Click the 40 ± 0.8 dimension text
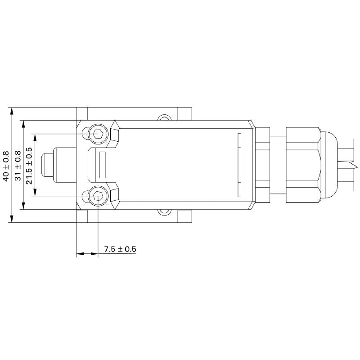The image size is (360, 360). pos(6,165)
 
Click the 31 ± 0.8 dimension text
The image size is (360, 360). pos(18,165)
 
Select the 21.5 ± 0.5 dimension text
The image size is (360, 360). pos(29,165)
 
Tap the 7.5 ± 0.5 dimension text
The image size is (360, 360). pos(120,249)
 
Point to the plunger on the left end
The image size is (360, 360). pos(48,165)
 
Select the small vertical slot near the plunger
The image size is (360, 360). pos(102,165)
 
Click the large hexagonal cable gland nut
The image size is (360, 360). pos(302,165)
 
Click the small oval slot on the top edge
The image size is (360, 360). pos(164,119)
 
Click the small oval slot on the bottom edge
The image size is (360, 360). pos(164,211)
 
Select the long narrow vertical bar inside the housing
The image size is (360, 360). pos(239,165)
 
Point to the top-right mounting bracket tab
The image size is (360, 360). pos(185,113)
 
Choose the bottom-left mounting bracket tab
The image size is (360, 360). pos(82,216)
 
